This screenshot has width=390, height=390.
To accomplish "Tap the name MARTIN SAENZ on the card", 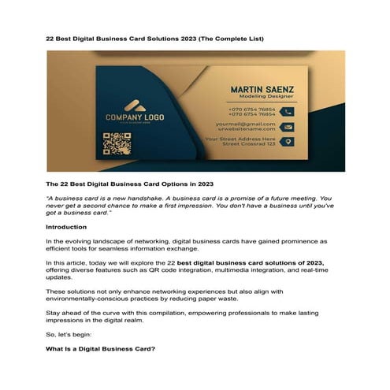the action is pos(260,89).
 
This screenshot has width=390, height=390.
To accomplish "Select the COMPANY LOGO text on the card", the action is pos(135,118).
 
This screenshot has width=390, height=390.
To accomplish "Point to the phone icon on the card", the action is pos(288,111).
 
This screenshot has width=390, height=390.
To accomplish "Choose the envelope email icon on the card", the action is pos(288,126).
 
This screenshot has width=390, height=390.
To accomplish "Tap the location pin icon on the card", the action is pos(288,142).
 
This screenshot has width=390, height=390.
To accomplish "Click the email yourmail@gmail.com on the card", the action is pos(246,124).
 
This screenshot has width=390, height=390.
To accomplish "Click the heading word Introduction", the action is pos(71,227).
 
